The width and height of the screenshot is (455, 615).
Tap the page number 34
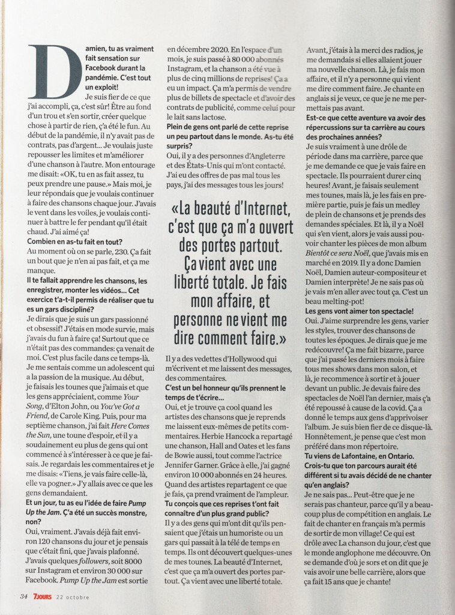pos(24,596)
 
